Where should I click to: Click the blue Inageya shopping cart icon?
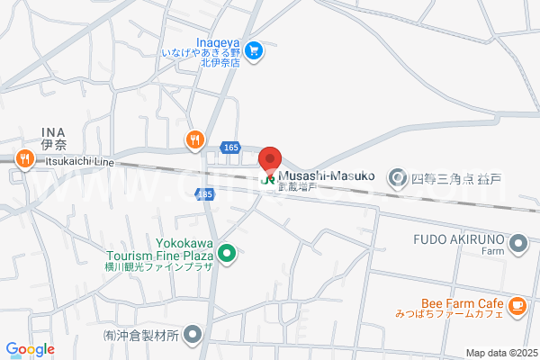pyautogui.click(x=255, y=51)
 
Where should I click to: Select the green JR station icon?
pyautogui.click(x=268, y=177)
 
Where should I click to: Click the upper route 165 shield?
pyautogui.click(x=231, y=146)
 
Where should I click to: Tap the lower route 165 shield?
pyautogui.click(x=206, y=194)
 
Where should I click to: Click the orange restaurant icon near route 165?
pyautogui.click(x=194, y=139)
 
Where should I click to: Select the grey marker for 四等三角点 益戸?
pyautogui.click(x=397, y=177)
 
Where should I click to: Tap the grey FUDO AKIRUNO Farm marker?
pyautogui.click(x=518, y=241)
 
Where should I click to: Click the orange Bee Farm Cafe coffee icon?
pyautogui.click(x=517, y=307)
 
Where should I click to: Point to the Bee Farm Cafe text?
pyautogui.click(x=460, y=303)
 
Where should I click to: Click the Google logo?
pyautogui.click(x=30, y=349)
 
